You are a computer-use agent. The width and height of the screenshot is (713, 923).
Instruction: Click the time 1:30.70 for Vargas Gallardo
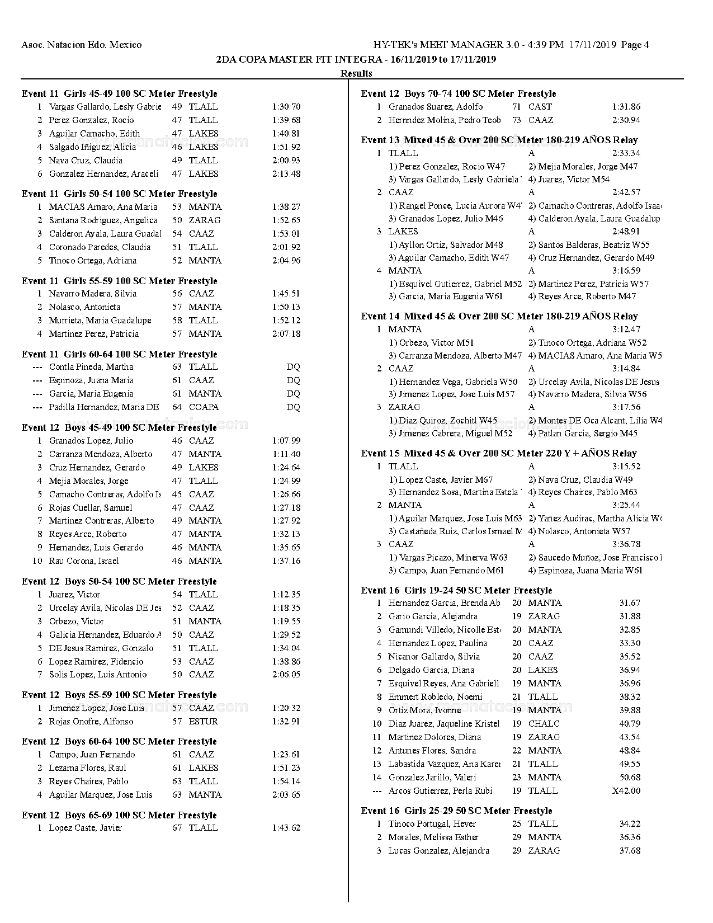(286, 107)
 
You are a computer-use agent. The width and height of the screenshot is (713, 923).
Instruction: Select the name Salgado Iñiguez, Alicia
(92, 147)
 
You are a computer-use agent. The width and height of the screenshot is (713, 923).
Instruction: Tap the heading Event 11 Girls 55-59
(119, 281)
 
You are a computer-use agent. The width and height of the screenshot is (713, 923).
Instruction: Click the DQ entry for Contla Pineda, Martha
(293, 367)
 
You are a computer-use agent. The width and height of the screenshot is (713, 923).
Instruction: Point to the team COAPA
(204, 407)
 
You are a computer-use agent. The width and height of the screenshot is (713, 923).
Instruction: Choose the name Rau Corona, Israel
(84, 561)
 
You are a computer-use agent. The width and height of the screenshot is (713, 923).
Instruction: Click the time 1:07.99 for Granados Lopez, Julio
(286, 441)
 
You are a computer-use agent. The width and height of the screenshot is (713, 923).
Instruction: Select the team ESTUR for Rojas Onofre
(203, 722)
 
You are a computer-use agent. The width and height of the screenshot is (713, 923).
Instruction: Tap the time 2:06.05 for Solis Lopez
(286, 675)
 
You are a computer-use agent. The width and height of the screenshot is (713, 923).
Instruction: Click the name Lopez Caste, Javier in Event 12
(85, 828)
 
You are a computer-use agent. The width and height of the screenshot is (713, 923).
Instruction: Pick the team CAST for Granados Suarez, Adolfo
(540, 107)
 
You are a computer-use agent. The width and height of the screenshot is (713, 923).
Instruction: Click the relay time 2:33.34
(626, 153)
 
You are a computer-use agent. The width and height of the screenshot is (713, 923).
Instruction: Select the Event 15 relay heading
(499, 453)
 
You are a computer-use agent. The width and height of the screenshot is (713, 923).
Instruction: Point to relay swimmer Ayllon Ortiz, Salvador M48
(451, 245)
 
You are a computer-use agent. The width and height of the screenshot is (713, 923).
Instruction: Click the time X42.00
(626, 791)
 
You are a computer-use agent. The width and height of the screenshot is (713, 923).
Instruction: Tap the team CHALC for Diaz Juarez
(544, 724)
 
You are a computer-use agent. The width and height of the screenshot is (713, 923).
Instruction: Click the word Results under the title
(356, 73)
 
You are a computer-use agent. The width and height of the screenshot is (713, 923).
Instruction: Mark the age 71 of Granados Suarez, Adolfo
(517, 107)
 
